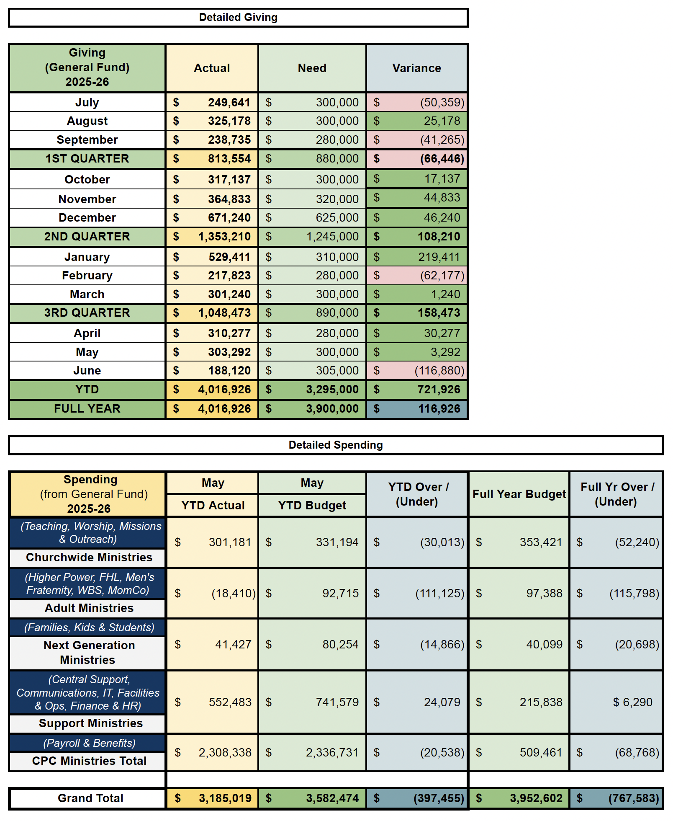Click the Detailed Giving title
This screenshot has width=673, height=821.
pos(238,18)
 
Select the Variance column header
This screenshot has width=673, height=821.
pos(416,68)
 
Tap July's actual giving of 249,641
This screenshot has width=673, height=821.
pos(229,103)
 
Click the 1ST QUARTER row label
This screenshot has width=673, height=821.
pos(87,159)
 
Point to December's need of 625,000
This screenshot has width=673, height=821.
pos(337,218)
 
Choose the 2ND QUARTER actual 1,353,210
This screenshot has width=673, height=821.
pos(224,237)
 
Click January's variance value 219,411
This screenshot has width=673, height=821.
pos(439,257)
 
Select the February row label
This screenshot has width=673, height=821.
pos(87,276)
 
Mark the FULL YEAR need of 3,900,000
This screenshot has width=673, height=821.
pos(332,409)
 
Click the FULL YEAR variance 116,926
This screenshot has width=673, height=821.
pos(439,409)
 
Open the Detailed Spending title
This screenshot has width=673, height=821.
pos(336,445)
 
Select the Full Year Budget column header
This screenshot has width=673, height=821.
pos(519,494)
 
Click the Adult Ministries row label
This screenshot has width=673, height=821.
pos(89,608)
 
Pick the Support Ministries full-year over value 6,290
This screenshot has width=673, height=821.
pos(632,702)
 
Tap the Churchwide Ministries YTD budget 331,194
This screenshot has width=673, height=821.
pos(337,542)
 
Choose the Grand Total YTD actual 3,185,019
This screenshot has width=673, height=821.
pos(225,798)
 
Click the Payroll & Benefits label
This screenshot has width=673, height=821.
pos(89,743)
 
